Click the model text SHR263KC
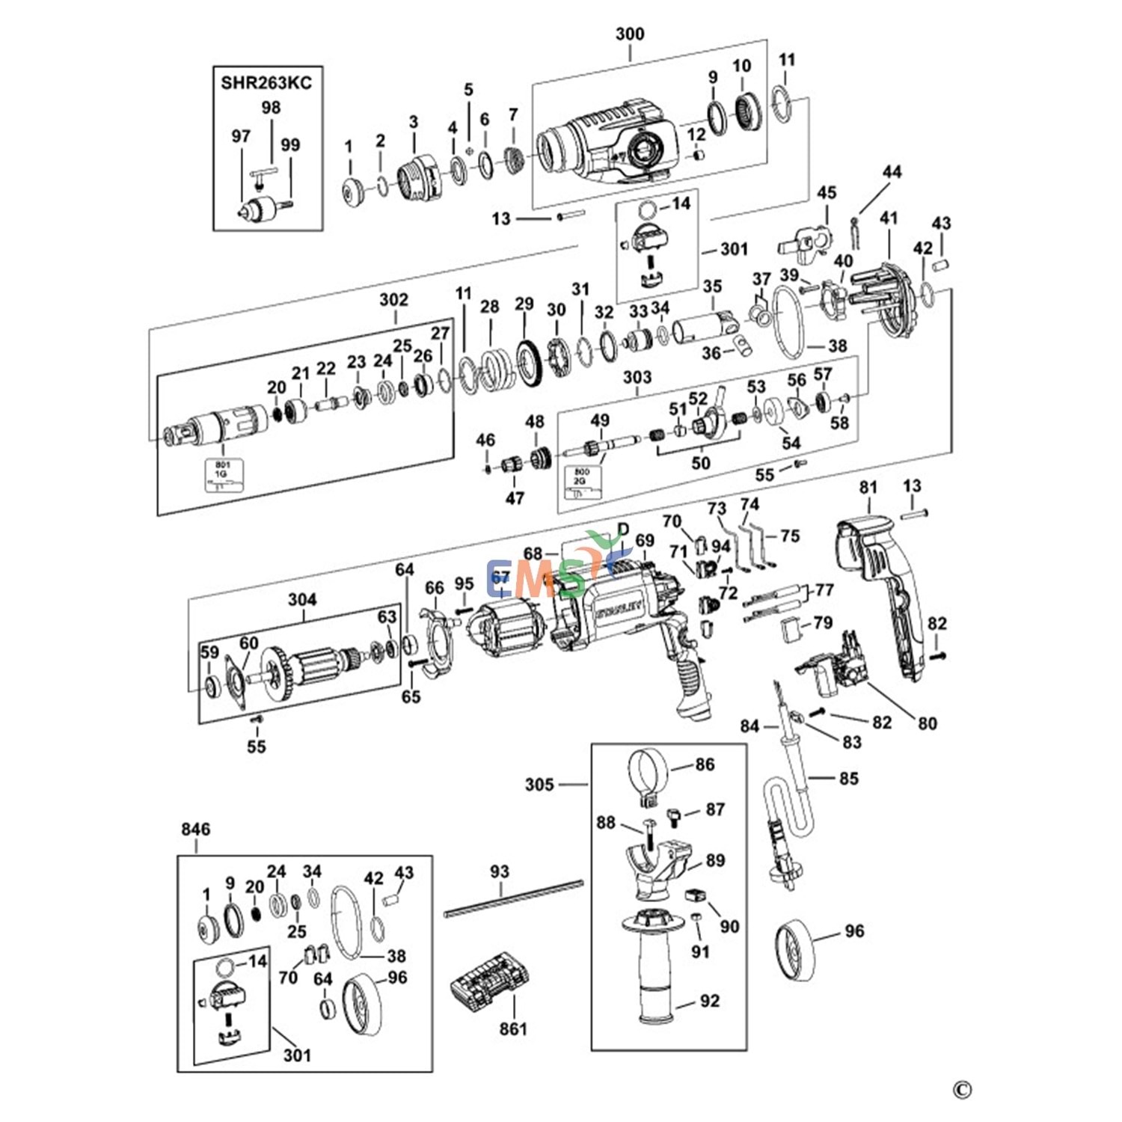pyautogui.click(x=266, y=82)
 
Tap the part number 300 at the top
pyautogui.click(x=630, y=34)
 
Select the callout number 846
pyautogui.click(x=195, y=829)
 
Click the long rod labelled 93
pyautogui.click(x=513, y=898)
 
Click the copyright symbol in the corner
pyautogui.click(x=962, y=1091)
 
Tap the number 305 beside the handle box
pyautogui.click(x=539, y=785)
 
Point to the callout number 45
pyautogui.click(x=827, y=193)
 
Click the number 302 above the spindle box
pyautogui.click(x=393, y=300)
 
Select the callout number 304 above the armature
pyautogui.click(x=302, y=599)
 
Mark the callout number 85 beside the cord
pyautogui.click(x=848, y=779)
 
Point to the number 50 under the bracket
pyautogui.click(x=700, y=463)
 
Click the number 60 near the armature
pyautogui.click(x=248, y=643)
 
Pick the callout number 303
pyautogui.click(x=637, y=378)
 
